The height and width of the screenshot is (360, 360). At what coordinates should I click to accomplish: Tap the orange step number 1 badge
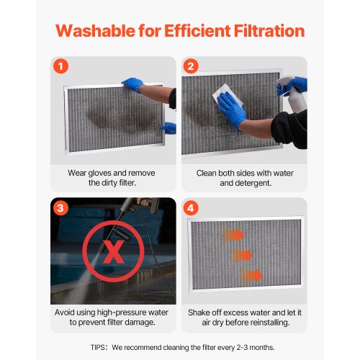coord(62,66)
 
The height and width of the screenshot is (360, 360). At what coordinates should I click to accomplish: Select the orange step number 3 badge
coord(62,208)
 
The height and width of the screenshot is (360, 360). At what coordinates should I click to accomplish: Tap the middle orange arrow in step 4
coord(243,254)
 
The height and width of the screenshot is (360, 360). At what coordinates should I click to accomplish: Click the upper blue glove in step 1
coord(133,85)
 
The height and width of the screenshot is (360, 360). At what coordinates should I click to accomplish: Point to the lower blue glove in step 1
coord(168,129)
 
